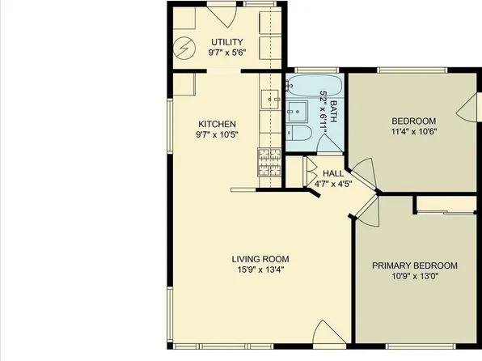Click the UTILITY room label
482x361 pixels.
pyautogui.click(x=227, y=42)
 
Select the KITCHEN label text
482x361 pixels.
pyautogui.click(x=217, y=124)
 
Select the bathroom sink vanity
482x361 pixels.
pyautogui.click(x=294, y=111)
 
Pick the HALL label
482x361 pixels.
pyautogui.click(x=333, y=173)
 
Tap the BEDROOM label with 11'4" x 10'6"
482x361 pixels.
pyautogui.click(x=414, y=121)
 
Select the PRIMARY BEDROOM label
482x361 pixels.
pyautogui.click(x=414, y=265)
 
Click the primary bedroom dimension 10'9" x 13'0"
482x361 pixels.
pyautogui.click(x=414, y=277)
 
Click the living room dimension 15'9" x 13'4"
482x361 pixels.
pyautogui.click(x=260, y=270)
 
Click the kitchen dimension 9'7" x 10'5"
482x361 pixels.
pyautogui.click(x=217, y=135)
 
